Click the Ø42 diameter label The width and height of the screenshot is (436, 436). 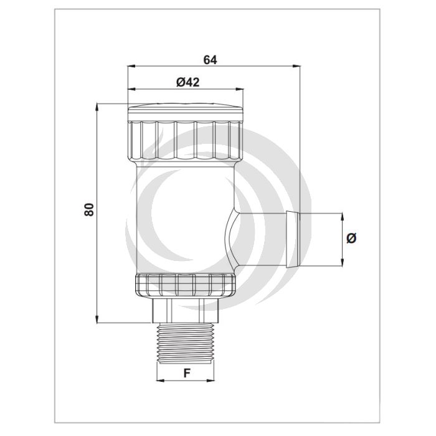coord(187,82)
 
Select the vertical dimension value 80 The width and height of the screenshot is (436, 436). coord(89,210)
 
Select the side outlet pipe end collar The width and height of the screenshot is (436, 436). coord(291,239)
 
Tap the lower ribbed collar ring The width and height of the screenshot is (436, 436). coord(185,284)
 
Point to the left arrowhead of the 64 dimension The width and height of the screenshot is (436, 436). coord(130,66)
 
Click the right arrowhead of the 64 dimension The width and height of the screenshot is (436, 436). coord(297,66)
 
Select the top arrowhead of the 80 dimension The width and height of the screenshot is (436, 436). coord(98,107)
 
